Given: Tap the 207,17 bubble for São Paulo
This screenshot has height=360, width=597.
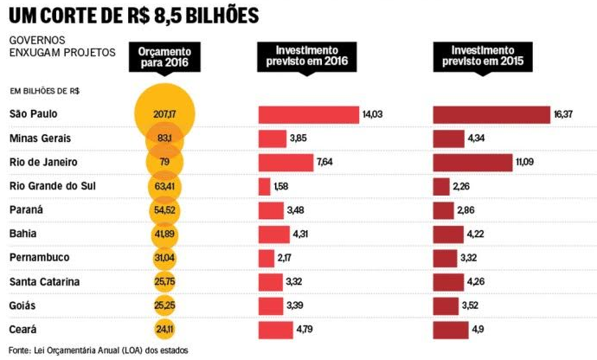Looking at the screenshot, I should click(x=164, y=114).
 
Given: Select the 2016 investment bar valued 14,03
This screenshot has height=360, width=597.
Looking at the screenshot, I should click(x=308, y=114).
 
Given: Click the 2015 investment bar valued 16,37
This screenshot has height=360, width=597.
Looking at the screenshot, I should click(x=491, y=114).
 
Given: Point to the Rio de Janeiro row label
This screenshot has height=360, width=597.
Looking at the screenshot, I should click(x=44, y=162).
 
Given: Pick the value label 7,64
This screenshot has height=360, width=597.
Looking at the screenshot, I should click(x=326, y=163).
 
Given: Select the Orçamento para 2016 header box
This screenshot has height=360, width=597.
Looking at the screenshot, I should click(x=164, y=58).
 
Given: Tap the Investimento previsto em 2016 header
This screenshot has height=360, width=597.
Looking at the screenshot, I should click(x=308, y=57).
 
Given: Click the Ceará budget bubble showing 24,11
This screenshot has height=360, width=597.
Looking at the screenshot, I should click(x=164, y=329).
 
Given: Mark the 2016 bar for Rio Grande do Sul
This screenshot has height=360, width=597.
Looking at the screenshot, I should click(x=264, y=186).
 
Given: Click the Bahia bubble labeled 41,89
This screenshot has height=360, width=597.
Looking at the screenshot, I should click(x=164, y=234).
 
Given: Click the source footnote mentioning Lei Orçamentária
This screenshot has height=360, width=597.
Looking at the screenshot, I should click(x=96, y=350).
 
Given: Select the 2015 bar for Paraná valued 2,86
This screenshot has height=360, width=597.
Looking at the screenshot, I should click(x=443, y=210).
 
